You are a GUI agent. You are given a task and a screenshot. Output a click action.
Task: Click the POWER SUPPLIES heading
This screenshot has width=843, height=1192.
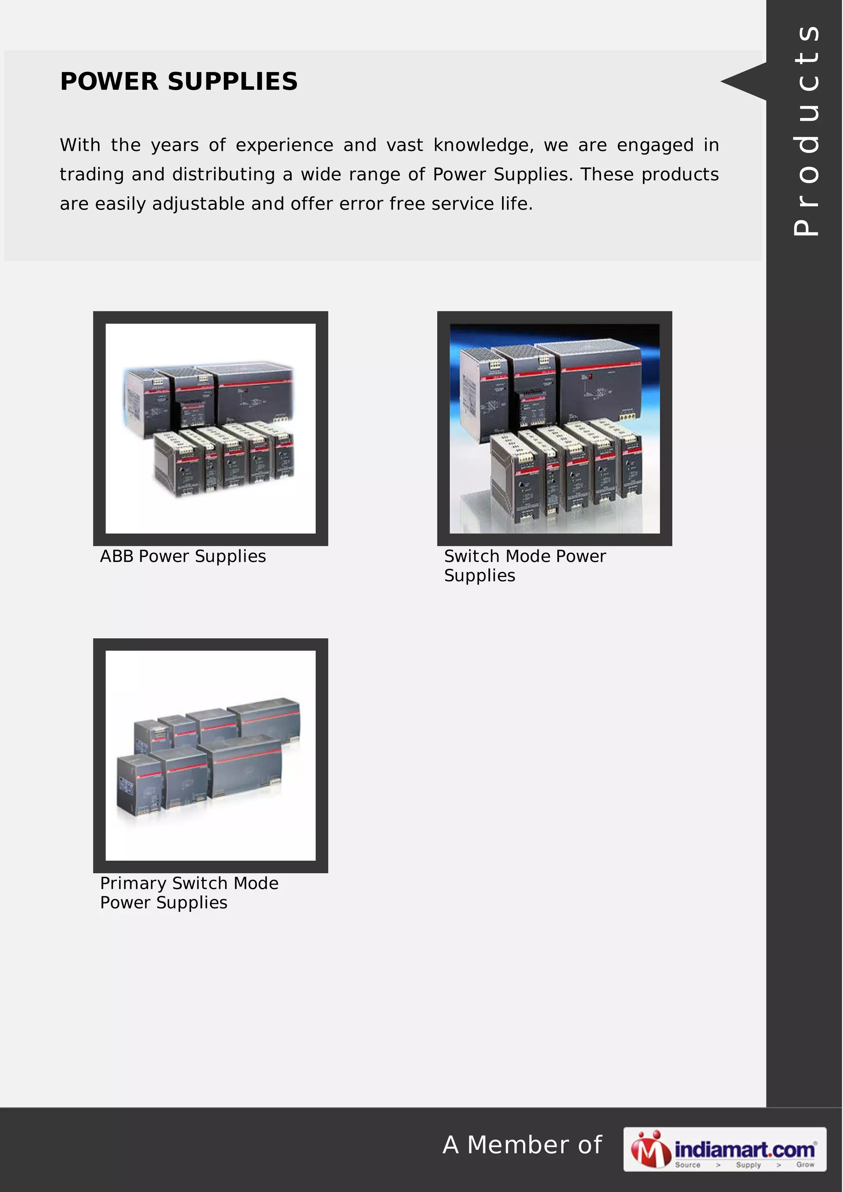(179, 81)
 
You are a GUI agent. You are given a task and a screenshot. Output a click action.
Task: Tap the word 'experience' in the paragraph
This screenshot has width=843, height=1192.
(284, 145)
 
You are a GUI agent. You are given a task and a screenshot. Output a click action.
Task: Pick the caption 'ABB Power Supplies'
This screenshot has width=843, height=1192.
(183, 557)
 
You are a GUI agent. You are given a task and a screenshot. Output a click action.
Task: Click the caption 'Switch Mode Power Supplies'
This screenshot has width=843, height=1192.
(524, 566)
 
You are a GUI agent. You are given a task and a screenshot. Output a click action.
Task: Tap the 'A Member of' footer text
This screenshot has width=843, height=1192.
(522, 1145)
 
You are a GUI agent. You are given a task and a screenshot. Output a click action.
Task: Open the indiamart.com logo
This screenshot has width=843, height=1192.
(724, 1149)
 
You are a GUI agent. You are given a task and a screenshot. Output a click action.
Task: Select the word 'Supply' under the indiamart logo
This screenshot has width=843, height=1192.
(748, 1165)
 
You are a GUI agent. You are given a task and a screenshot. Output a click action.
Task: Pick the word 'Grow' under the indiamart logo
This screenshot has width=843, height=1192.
(805, 1165)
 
